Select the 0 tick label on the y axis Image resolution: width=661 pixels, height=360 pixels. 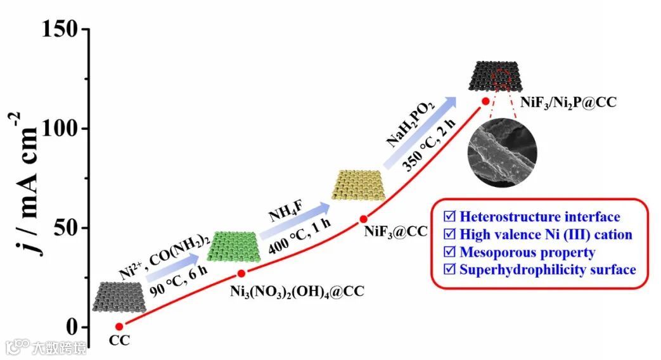pyautogui.click(x=74, y=327)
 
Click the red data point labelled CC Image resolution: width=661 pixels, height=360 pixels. pyautogui.click(x=119, y=326)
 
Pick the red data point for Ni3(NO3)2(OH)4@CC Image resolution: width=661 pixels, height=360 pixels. pyautogui.click(x=241, y=273)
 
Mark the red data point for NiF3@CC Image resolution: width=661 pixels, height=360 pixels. pyautogui.click(x=364, y=219)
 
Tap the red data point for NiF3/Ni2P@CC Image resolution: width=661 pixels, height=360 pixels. pyautogui.click(x=485, y=101)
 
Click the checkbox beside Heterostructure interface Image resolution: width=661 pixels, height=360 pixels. pyautogui.click(x=451, y=217)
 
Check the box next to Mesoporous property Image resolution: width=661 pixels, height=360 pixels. pyautogui.click(x=451, y=252)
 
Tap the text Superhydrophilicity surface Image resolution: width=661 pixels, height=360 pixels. pyautogui.click(x=548, y=270)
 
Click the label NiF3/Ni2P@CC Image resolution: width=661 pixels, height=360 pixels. pyautogui.click(x=569, y=101)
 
